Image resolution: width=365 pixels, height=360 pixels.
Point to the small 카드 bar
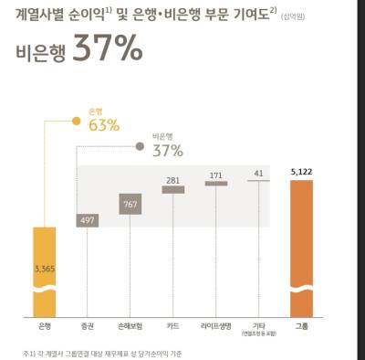click(x=172, y=189)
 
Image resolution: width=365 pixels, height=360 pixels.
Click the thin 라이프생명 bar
click(x=215, y=184)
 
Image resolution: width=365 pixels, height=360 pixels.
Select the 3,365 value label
click(x=45, y=268)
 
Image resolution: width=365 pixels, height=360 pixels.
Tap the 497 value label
click(x=88, y=220)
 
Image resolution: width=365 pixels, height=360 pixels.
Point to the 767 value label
click(x=129, y=205)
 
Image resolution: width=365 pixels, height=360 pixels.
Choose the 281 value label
click(x=172, y=179)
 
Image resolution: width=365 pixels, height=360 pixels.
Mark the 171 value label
click(x=215, y=174)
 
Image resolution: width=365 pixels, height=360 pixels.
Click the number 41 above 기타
click(x=258, y=173)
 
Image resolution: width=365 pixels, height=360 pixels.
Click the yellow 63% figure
click(x=104, y=125)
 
